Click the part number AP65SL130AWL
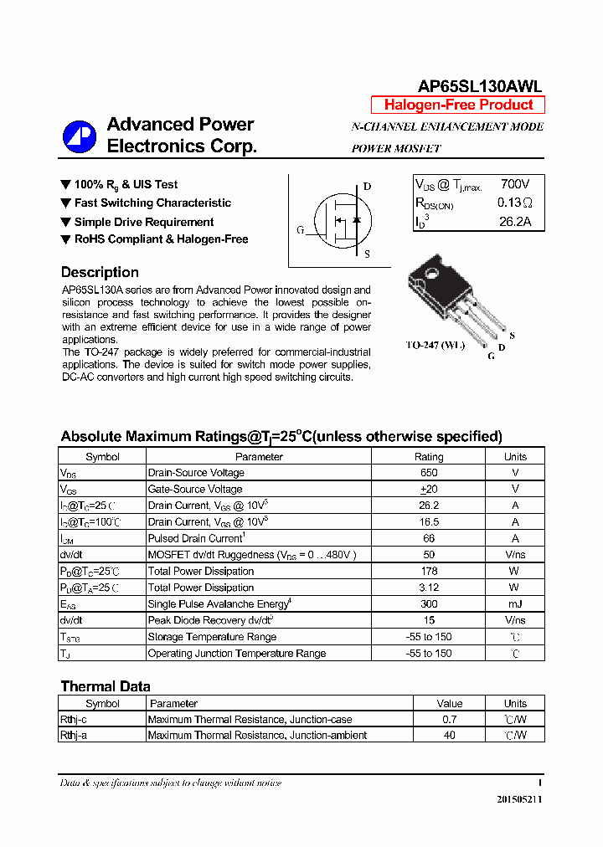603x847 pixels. pos(481,86)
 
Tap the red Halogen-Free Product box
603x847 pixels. pos(458,105)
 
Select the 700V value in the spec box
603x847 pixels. pos(515,184)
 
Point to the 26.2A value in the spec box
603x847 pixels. pos(515,222)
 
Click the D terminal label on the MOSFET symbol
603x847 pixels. pos(367,187)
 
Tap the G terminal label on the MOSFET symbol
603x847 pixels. pos(300,230)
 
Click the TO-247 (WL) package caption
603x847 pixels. pos(435,345)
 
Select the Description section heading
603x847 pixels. pos(100,272)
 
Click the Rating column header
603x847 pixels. pos(429,457)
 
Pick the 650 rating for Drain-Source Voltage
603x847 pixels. pos(429,473)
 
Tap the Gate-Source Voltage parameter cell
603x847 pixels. pos(195,489)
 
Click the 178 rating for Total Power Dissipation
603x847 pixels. pos(429,571)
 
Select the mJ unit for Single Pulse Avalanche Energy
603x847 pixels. pos(515,603)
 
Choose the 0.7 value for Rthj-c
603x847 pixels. pos(450,719)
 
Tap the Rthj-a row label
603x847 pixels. pos(75,735)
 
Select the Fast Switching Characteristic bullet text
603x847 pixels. pos(152,203)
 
